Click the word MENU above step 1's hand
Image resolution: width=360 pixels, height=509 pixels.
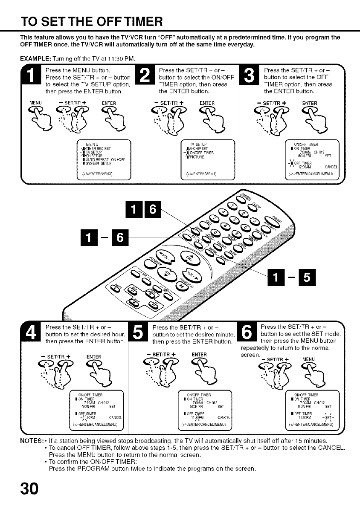click(x=34, y=102)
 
